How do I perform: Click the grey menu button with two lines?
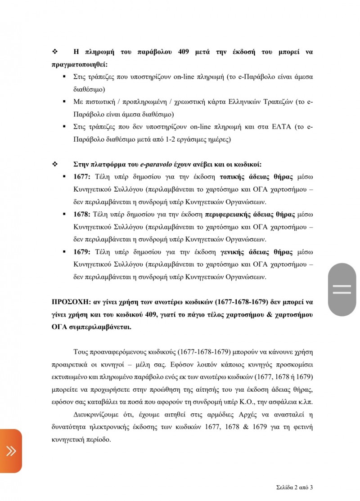342,289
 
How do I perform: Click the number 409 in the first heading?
183,52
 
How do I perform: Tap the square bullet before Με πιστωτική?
65,102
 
